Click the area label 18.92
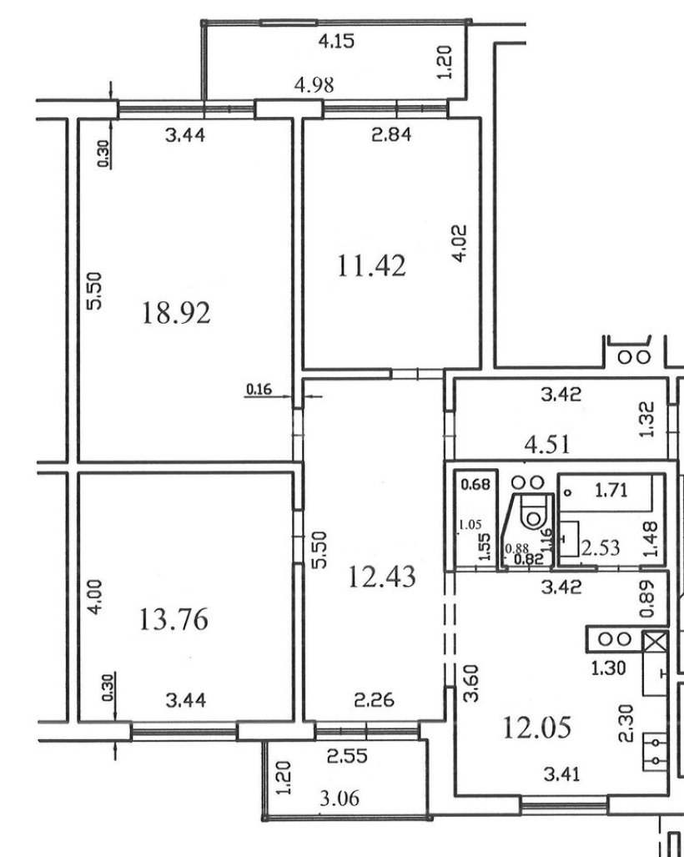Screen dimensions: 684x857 [176, 313]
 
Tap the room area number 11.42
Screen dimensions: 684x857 [371, 266]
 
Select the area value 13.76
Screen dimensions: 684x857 [174, 619]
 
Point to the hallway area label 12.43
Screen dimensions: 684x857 [382, 577]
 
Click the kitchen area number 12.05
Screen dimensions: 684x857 [536, 728]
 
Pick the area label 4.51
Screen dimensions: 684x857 [547, 444]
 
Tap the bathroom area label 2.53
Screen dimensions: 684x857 [601, 547]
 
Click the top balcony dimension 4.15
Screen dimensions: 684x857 [336, 41]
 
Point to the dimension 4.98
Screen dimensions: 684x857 [314, 85]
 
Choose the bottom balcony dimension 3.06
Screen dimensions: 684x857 [339, 799]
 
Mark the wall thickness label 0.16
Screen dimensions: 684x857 [259, 389]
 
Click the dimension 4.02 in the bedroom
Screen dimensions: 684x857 [460, 243]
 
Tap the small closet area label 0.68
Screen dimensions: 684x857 [475, 484]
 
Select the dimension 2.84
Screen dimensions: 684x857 [391, 134]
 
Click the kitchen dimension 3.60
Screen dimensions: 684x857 [471, 683]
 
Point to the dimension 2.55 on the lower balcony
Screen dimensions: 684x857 [348, 756]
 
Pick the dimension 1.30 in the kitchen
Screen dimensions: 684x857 [609, 668]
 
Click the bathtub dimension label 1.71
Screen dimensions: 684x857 [611, 490]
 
